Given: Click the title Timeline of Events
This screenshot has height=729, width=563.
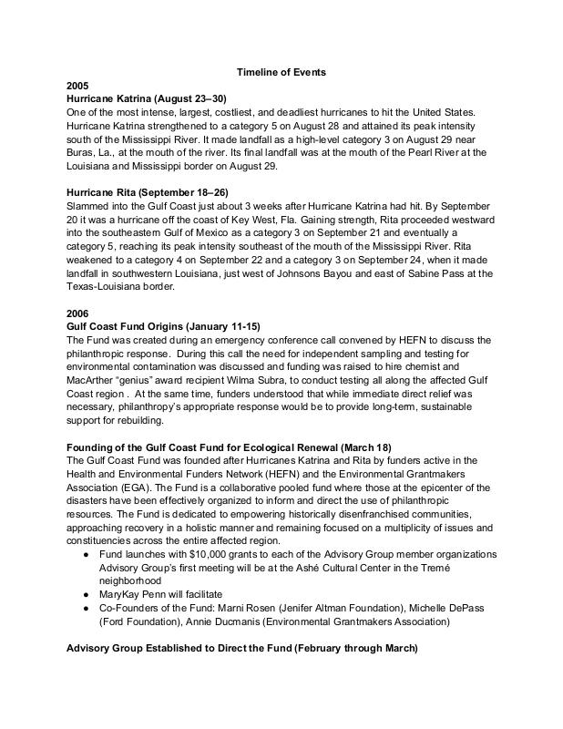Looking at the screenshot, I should click(281, 72).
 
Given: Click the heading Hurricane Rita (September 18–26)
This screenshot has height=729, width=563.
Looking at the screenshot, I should click(153, 191).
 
